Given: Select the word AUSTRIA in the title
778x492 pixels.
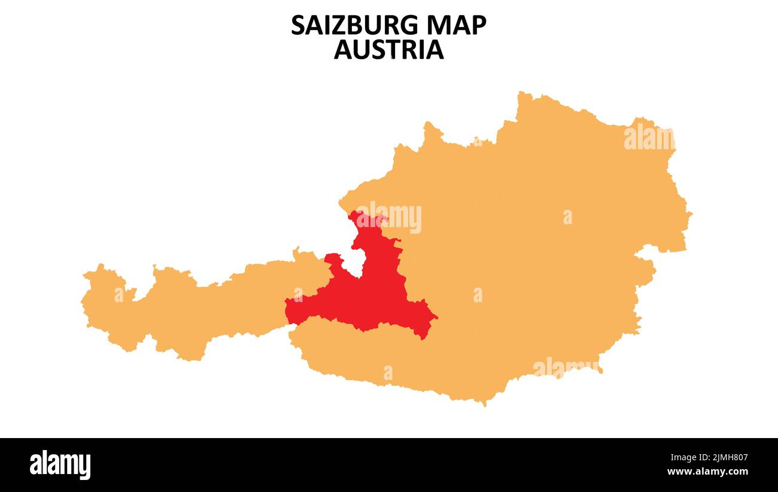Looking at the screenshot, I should (x=389, y=50).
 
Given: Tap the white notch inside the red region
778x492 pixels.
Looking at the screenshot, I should (x=354, y=262).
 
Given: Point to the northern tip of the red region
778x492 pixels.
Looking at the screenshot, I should (x=359, y=213).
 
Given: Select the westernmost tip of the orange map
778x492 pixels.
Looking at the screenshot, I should (x=82, y=300).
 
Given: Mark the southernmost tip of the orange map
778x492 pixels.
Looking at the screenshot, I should (x=483, y=405).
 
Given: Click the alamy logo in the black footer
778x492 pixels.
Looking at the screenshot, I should (x=60, y=465).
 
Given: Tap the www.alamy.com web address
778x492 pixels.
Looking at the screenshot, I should (x=707, y=472).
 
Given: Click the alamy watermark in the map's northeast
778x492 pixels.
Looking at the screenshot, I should (x=649, y=138).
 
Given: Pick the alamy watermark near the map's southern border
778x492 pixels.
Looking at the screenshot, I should (x=566, y=367).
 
